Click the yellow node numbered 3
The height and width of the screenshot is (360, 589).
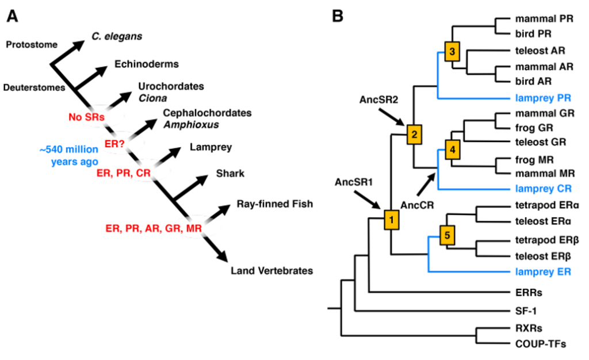coord(452,51)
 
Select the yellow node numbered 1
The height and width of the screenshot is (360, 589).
coord(391,220)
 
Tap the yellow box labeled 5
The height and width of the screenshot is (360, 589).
coord(447,235)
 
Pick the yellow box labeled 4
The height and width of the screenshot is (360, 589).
coord(452,150)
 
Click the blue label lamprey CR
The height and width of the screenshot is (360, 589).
coord(543,189)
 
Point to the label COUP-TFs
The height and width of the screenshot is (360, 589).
coord(541,344)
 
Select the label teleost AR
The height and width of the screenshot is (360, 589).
coord(540,51)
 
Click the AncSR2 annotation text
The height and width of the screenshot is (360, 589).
coord(378,99)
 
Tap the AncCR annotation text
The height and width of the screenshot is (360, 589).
coord(417,205)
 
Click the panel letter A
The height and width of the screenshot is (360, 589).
coord(12,16)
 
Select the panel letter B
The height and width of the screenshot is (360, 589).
coord(337,16)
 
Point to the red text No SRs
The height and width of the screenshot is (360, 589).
coord(86,117)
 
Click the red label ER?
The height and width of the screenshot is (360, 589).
coord(114,144)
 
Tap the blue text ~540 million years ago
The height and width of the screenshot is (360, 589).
coord(69,155)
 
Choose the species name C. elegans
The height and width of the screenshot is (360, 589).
coord(117,36)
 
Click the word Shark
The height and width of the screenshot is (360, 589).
coord(230,174)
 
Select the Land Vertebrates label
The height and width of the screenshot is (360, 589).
coord(271,271)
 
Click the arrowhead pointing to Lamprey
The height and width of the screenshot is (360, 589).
coord(174,153)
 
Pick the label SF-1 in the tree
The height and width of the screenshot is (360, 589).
coord(526,311)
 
